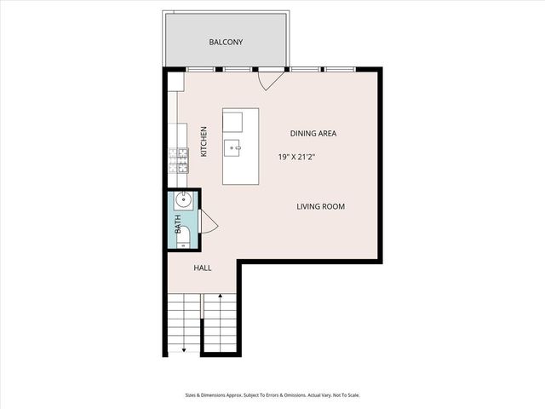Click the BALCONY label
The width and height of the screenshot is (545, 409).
pyautogui.click(x=226, y=42)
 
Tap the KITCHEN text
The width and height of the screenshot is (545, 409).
pyautogui.click(x=204, y=141)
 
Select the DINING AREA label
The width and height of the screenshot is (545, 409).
pyautogui.click(x=313, y=134)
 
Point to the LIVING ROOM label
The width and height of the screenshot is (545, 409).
pyautogui.click(x=320, y=206)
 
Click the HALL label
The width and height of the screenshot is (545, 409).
pyautogui.click(x=203, y=268)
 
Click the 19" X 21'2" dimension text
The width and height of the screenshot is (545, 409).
pyautogui.click(x=302, y=157)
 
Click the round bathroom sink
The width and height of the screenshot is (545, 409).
pyautogui.click(x=182, y=202)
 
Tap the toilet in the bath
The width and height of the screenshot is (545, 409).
pyautogui.click(x=182, y=236)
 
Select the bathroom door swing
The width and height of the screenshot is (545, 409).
pyautogui.click(x=209, y=224)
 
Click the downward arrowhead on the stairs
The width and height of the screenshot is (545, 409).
pyautogui.click(x=184, y=349)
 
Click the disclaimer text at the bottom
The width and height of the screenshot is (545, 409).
pyautogui.click(x=272, y=395)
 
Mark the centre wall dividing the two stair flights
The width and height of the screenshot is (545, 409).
pyautogui.click(x=202, y=324)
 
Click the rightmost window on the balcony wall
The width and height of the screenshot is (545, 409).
pyautogui.click(x=338, y=68)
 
